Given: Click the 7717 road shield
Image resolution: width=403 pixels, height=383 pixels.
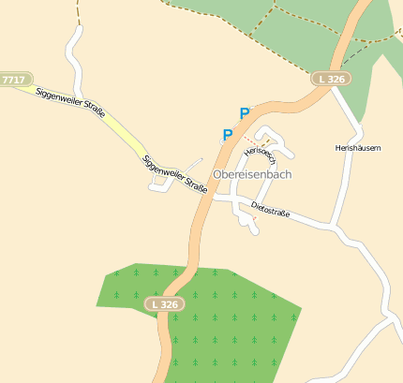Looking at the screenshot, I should click(14, 81).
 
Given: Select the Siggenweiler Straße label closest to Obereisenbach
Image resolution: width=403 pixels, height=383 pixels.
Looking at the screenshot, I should click(174, 172).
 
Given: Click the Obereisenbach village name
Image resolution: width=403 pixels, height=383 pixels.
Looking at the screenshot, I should click(252, 175).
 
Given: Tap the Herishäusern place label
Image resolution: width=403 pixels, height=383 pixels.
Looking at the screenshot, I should click(358, 148).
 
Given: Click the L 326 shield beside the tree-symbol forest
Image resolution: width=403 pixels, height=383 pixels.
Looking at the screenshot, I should click(165, 304).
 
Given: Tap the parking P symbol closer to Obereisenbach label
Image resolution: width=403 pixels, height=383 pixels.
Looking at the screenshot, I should click(227, 134).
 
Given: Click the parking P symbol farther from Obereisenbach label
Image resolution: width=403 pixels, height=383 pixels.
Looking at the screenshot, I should click(245, 113).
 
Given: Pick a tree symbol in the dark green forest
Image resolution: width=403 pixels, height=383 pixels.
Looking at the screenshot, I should click(215, 317).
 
